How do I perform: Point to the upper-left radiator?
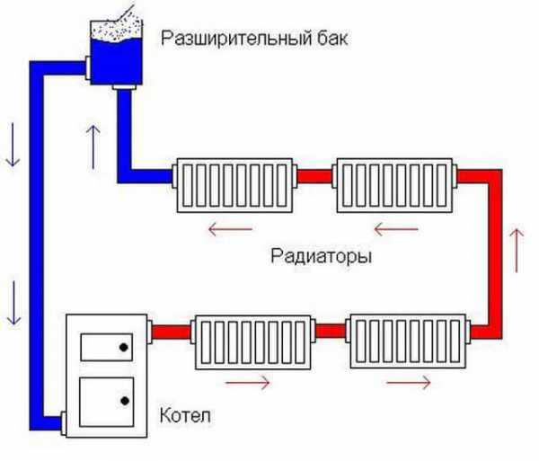pyautogui.click(x=235, y=184)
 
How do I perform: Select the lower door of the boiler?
pyautogui.click(x=104, y=400)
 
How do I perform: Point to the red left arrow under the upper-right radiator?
pyautogui.click(x=395, y=228)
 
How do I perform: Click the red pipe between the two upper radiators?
pyautogui.click(x=314, y=176)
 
